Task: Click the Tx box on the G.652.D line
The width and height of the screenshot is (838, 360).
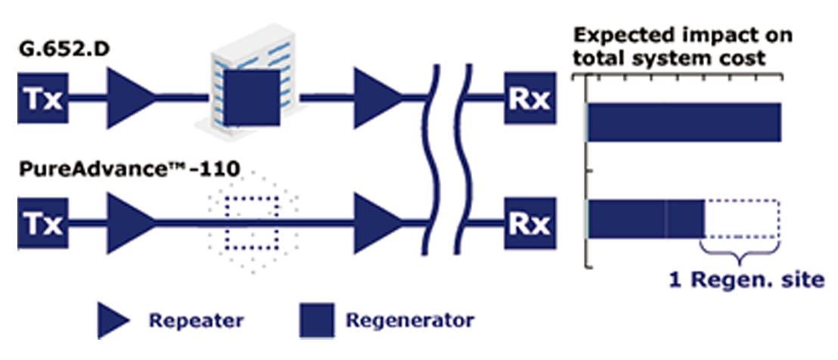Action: click(43, 98)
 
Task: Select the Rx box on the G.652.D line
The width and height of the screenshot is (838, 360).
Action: click(530, 98)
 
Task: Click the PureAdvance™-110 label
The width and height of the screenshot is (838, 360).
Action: click(129, 171)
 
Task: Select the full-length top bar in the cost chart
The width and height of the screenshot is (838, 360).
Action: click(684, 122)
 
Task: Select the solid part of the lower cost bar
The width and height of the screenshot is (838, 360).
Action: click(646, 219)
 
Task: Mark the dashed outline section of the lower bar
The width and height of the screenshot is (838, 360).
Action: click(742, 219)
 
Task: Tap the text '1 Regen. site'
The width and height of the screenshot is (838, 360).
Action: click(746, 280)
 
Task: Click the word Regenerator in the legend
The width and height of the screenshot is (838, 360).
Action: click(409, 320)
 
